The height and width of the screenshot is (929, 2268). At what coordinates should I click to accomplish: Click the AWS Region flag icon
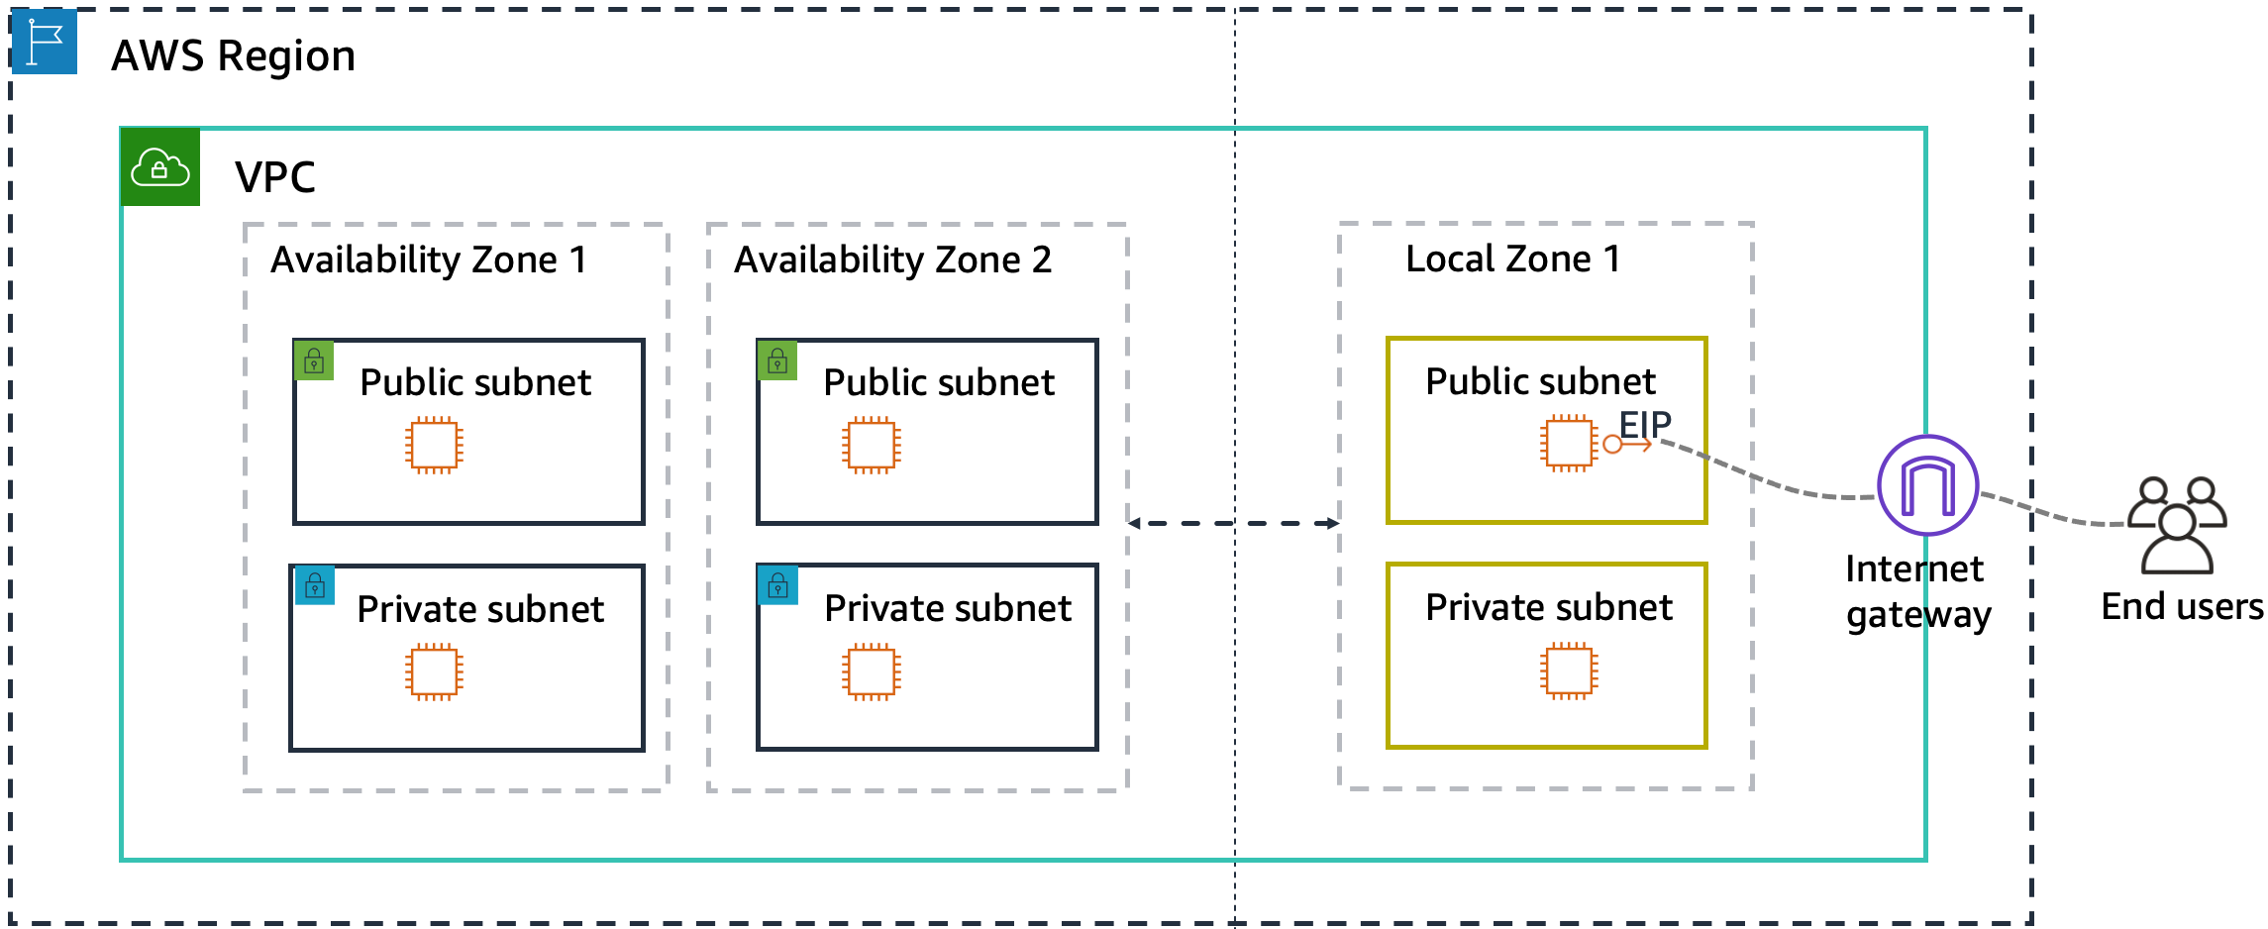tap(45, 42)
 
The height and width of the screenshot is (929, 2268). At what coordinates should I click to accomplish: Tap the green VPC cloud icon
tap(159, 167)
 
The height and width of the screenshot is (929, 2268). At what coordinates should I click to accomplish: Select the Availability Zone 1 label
tap(429, 260)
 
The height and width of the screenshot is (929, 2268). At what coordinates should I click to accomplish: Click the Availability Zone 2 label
tap(892, 260)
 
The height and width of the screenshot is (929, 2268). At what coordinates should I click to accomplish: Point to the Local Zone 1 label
tap(1512, 259)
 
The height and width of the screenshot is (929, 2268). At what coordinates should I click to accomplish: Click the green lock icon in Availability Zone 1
tap(314, 361)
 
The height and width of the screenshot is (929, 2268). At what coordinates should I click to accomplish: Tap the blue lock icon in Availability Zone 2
tap(777, 586)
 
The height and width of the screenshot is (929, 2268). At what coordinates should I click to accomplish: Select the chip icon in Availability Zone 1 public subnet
tap(434, 446)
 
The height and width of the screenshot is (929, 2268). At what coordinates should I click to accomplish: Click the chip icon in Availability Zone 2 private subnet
tap(871, 672)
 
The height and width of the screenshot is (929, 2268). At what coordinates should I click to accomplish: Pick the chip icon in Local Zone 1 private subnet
tap(1569, 671)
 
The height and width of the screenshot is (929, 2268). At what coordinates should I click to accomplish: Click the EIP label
tap(1645, 425)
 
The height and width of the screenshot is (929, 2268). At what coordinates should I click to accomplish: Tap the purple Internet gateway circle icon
tap(1927, 486)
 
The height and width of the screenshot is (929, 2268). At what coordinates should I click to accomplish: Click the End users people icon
tap(2177, 525)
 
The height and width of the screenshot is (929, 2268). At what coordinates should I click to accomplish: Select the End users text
tap(2182, 606)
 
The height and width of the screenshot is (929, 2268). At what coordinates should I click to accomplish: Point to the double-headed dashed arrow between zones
tap(1233, 523)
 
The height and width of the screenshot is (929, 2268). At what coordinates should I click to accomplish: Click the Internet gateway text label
tap(1917, 591)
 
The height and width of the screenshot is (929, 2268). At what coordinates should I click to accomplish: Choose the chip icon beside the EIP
tap(1569, 444)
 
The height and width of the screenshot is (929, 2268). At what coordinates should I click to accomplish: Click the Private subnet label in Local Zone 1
tap(1548, 607)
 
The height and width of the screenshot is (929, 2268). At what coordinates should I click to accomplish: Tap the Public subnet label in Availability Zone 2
tap(938, 382)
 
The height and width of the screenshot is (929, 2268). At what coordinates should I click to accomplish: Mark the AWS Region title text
tap(233, 56)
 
